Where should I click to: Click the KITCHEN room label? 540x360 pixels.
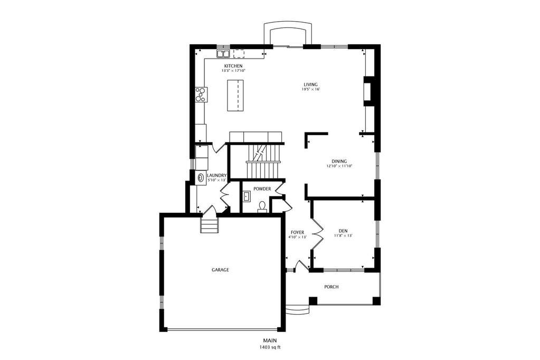point(233,66)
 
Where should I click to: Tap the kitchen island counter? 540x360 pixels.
point(235,96)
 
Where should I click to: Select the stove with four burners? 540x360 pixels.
point(201,94)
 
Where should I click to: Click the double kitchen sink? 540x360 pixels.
point(223,54)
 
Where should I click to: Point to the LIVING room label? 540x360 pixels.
point(310,84)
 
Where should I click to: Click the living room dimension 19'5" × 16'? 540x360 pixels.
point(310,90)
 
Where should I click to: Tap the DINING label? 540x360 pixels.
point(339,161)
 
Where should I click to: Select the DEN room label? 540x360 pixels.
point(343,231)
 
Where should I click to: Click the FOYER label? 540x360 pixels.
point(297,232)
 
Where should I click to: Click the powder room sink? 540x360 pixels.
point(247,197)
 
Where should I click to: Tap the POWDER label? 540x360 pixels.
point(262,189)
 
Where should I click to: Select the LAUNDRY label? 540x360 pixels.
point(216,175)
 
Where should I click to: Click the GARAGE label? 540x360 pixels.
point(220,270)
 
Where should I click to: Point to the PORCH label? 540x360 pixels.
point(331,287)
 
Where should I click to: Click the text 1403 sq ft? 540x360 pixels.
point(270,347)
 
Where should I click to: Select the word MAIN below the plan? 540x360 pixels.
point(270,341)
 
